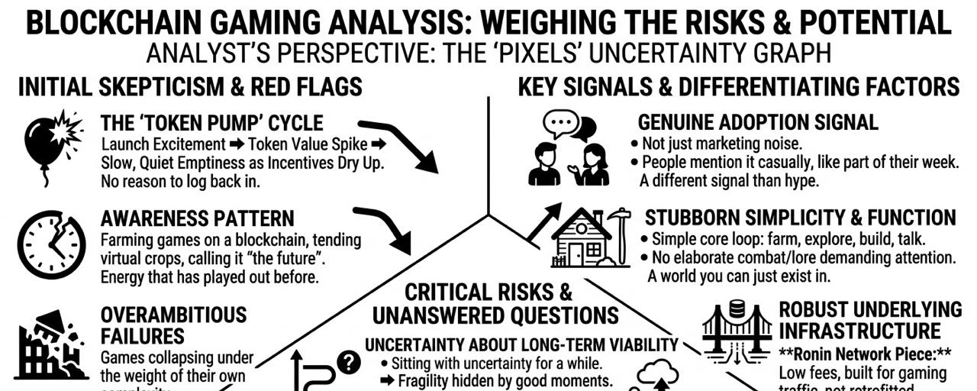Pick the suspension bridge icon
pyautogui.click(x=736, y=331)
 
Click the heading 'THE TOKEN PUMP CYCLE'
pyautogui.click(x=211, y=123)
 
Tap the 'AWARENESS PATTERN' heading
pyautogui.click(x=197, y=220)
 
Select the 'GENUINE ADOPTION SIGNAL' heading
pyautogui.click(x=758, y=122)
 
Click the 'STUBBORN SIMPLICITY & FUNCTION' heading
pyautogui.click(x=799, y=218)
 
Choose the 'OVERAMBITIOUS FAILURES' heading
pyautogui.click(x=174, y=325)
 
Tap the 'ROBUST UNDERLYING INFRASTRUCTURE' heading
pyautogui.click(x=870, y=320)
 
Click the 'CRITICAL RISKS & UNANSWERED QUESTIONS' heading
pyautogui.click(x=495, y=303)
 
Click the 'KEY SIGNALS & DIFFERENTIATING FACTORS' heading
pyautogui.click(x=738, y=87)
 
